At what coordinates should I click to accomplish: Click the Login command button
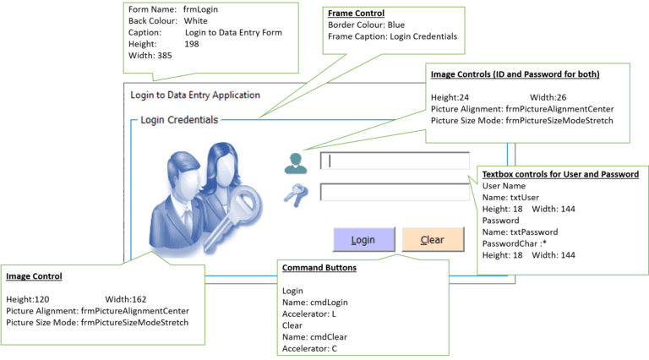click(363, 239)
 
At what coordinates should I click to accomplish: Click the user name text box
click(394, 161)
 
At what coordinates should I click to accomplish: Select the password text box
click(394, 192)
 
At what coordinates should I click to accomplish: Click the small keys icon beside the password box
click(295, 195)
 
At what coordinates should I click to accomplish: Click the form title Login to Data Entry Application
click(195, 95)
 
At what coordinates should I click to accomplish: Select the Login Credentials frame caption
click(179, 120)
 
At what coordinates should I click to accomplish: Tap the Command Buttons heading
click(319, 268)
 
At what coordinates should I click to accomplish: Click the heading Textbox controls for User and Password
click(560, 173)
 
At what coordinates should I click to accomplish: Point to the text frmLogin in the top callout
click(201, 8)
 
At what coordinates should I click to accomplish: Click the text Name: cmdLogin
click(314, 302)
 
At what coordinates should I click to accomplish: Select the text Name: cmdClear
click(314, 336)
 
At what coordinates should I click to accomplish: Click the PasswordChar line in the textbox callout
click(519, 243)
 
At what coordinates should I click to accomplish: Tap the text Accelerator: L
click(310, 314)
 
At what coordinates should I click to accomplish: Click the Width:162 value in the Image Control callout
click(126, 298)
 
